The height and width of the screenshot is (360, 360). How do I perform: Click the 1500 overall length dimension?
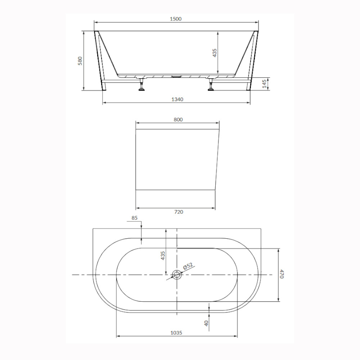click(176, 19)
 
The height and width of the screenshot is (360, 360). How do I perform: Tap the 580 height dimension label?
click(80, 61)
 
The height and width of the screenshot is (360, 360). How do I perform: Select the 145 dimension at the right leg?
click(264, 84)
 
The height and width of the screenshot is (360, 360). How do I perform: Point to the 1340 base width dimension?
click(177, 99)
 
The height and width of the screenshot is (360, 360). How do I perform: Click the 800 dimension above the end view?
click(178, 120)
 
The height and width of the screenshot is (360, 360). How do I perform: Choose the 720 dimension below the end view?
click(179, 212)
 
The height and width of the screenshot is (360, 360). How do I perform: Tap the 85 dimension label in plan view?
click(135, 218)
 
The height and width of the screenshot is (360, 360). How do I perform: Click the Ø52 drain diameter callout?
click(188, 266)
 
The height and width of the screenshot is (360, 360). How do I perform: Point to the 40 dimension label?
click(206, 323)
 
